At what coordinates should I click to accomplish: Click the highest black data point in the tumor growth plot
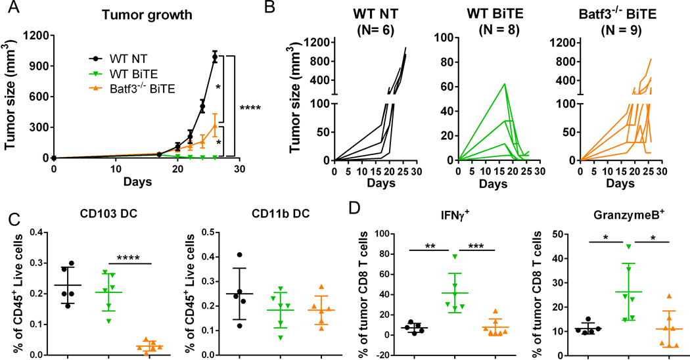[x=214, y=57]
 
